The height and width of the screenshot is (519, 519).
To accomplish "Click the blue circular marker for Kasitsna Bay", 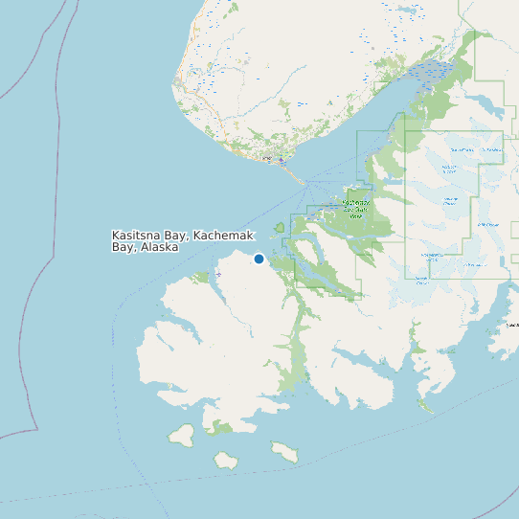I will (259, 259).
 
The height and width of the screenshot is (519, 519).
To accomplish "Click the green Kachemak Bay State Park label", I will (355, 209).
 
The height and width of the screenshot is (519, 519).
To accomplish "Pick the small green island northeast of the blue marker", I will (280, 228).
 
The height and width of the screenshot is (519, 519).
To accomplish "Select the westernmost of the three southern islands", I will (181, 435).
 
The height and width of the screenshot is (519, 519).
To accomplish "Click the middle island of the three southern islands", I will (226, 460).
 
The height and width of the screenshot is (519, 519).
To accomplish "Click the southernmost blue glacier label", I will (421, 281).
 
